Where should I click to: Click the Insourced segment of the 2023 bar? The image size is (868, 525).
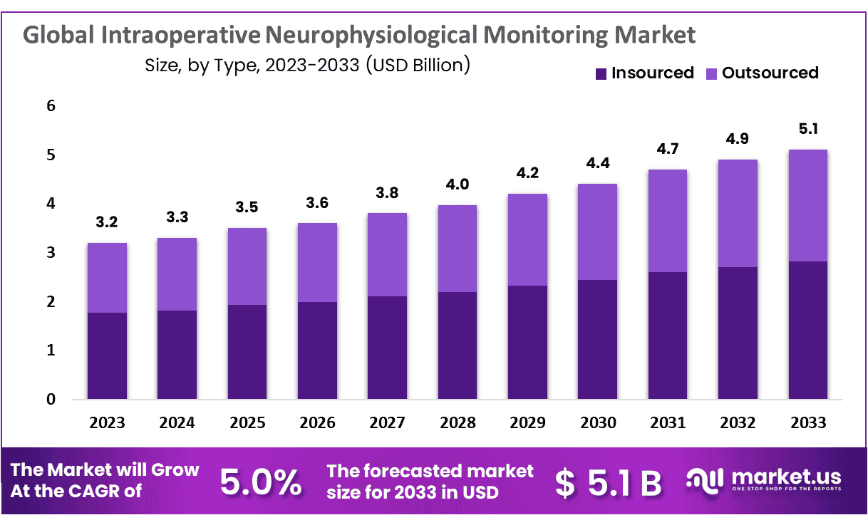[108, 355]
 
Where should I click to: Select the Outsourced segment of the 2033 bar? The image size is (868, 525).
[807, 205]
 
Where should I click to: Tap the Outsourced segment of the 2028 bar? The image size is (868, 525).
[458, 248]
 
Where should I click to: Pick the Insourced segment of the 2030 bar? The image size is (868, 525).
[598, 339]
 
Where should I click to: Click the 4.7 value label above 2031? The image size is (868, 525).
[668, 150]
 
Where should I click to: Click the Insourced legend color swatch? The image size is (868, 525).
[601, 73]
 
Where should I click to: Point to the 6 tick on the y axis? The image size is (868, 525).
[51, 106]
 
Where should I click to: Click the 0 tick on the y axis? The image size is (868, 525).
[51, 400]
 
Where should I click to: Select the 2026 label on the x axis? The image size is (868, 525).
[317, 423]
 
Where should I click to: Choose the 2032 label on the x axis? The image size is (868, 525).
[738, 423]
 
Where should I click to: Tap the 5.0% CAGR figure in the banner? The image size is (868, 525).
[260, 482]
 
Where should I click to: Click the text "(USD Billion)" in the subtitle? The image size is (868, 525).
[418, 66]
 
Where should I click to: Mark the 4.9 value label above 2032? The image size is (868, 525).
[738, 140]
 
